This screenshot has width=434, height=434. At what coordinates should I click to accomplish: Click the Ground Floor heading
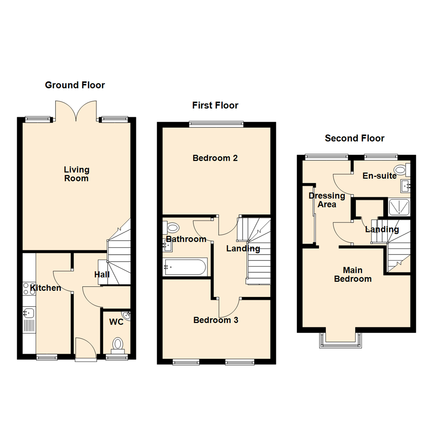pos(75,85)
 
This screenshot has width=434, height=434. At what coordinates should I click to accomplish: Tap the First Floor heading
pos(215,106)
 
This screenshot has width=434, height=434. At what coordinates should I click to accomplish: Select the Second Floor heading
pos(354,139)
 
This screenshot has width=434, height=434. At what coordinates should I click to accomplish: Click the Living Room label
pos(76,174)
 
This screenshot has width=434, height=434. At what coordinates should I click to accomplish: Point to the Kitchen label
pos(46,288)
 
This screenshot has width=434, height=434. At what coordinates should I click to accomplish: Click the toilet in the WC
pos(118,344)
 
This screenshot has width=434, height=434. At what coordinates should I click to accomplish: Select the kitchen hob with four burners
pos(29,289)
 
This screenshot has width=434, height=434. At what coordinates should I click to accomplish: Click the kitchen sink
pos(29,312)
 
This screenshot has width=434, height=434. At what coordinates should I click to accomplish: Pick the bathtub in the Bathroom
pos(185,267)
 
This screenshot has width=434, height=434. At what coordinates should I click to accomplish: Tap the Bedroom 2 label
pos(215,158)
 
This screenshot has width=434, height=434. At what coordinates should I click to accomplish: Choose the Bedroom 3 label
pos(216,320)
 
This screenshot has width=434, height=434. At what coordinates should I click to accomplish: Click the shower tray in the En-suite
pos(399,207)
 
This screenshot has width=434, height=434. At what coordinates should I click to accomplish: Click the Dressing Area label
pos(327,200)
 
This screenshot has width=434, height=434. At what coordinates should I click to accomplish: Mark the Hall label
pos(102,275)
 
